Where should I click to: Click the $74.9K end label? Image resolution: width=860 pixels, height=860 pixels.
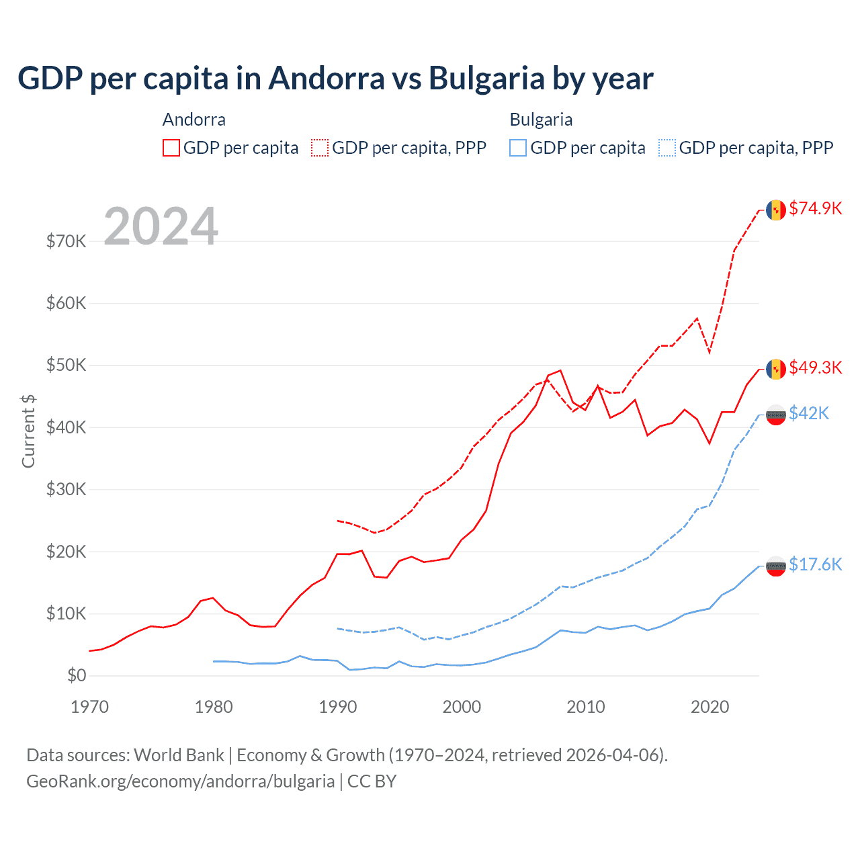coord(815,208)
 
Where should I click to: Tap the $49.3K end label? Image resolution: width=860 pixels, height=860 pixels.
coord(815,368)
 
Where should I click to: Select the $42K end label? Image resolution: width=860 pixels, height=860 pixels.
coord(809,413)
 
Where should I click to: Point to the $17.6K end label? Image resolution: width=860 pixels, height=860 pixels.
coord(815,564)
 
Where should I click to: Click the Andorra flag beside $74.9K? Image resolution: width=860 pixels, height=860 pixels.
coord(776,210)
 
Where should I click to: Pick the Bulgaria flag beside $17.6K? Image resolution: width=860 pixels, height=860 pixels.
coord(776,566)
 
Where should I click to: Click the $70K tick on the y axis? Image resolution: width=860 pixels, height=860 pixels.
coord(66,241)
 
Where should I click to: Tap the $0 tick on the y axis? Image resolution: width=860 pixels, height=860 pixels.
coord(77,675)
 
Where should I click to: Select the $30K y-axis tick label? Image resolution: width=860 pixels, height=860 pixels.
coord(66,489)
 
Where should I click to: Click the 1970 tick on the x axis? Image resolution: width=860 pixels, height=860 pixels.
coord(89,707)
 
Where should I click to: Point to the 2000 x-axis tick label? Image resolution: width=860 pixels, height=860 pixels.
coord(462,707)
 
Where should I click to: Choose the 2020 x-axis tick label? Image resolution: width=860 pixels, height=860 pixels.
coord(709,707)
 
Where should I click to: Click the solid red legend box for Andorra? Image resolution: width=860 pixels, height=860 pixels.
coord(171,148)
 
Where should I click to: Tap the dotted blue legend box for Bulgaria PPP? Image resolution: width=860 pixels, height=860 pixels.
coord(667,148)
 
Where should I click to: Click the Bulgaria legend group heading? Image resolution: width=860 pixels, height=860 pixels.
coord(541,120)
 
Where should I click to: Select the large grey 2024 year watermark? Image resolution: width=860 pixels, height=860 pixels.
coord(161,226)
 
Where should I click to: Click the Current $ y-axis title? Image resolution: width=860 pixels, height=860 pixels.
coord(28,431)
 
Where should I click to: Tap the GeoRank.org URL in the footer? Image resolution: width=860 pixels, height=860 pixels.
coord(180,781)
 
